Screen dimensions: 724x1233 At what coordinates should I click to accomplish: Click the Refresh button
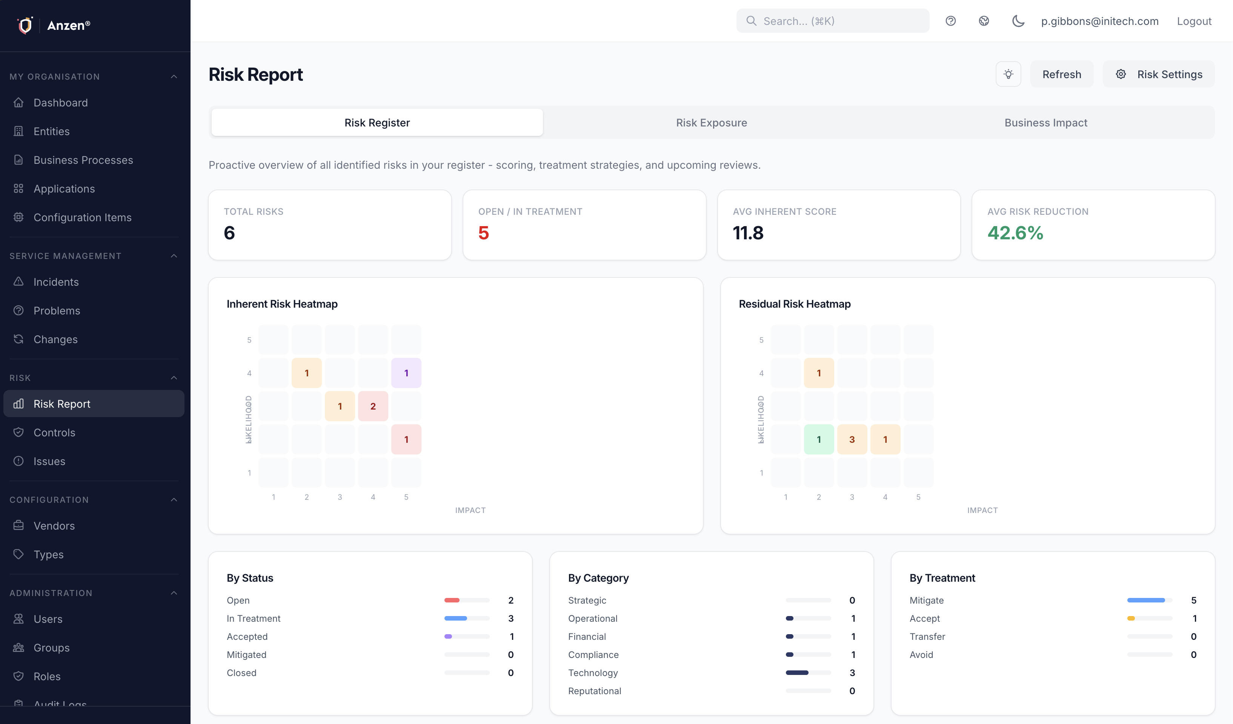coord(1061,74)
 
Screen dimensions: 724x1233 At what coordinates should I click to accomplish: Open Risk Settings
coord(1158,74)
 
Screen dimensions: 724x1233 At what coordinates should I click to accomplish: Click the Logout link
coord(1193,21)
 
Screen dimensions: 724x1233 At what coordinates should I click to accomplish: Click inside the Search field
coord(832,21)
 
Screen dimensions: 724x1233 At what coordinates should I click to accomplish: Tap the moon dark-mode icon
coord(1018,21)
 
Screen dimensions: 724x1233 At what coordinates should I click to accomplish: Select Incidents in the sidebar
coord(56,282)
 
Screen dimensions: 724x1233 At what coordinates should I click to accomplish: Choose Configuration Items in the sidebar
coord(82,217)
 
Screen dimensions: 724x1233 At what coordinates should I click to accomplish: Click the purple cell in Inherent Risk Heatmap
coord(406,373)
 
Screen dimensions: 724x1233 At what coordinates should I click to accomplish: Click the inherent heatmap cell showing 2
coord(373,406)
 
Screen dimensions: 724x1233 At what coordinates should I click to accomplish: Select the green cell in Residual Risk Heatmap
coord(819,440)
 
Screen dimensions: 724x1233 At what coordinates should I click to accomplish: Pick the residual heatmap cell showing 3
coord(852,440)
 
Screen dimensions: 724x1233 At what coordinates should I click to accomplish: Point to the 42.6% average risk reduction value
coord(1015,233)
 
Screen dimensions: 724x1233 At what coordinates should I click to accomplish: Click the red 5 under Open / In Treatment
coord(483,233)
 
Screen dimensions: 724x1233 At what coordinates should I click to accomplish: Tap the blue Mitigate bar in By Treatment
coord(1145,600)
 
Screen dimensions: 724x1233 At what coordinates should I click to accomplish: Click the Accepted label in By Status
coord(247,636)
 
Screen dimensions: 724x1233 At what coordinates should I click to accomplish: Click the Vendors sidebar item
coord(54,526)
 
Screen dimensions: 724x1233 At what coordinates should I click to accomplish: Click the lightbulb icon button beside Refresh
coord(1008,74)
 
